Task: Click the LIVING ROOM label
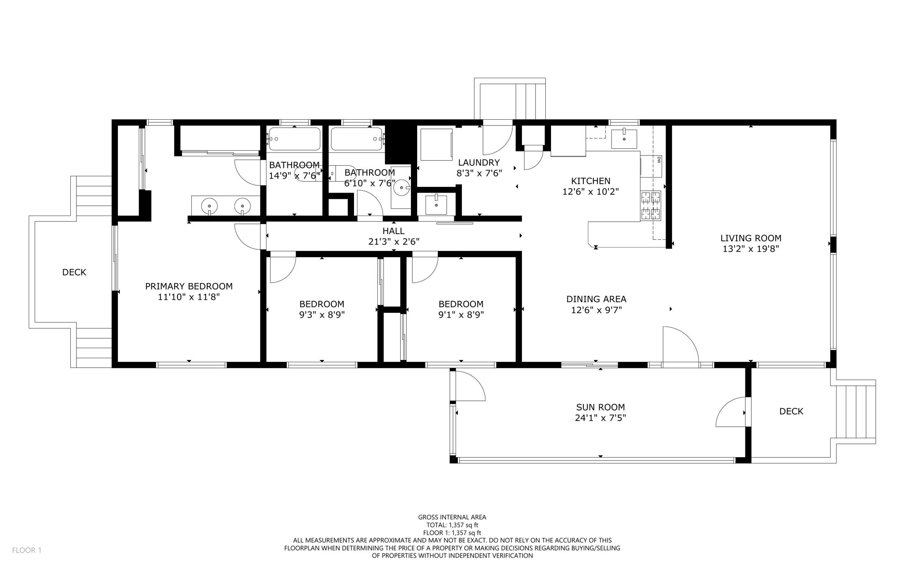[x=750, y=238]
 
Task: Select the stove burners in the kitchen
[x=651, y=206]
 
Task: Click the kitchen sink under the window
[x=624, y=136]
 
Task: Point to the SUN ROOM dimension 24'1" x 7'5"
[x=600, y=418]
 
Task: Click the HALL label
[x=393, y=231]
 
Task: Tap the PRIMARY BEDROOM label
[x=189, y=286]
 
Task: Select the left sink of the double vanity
[x=209, y=206]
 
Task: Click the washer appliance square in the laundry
[x=436, y=144]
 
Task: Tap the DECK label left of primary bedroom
[x=74, y=272]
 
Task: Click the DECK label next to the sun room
[x=791, y=411]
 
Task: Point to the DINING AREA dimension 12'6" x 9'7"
[x=596, y=310]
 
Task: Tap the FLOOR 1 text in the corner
[x=27, y=550]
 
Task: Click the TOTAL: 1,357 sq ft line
[x=452, y=525]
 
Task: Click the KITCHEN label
[x=590, y=181]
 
